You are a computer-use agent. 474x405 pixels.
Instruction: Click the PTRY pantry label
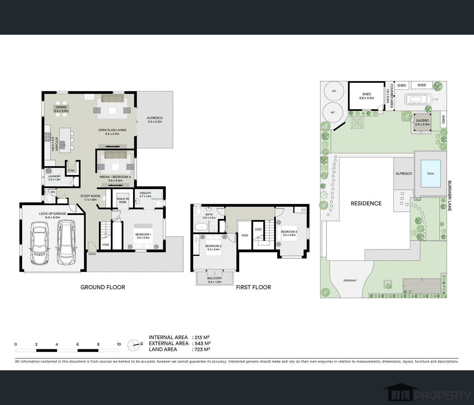[x=71, y=171]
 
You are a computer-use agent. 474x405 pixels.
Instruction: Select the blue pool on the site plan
[x=430, y=174]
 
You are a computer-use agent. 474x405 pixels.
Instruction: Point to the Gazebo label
[x=422, y=121]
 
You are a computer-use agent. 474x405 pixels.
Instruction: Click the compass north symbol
[x=134, y=344]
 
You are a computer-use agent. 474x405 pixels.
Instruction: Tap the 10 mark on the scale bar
[x=119, y=344]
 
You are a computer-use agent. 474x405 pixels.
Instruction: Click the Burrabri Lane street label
[x=449, y=196]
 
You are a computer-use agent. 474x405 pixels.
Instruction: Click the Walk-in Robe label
[x=123, y=200]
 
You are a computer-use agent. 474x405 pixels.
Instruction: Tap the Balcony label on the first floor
[x=214, y=278]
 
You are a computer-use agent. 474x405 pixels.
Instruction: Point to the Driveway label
[x=350, y=280]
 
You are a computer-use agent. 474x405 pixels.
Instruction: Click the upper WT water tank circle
[x=334, y=91]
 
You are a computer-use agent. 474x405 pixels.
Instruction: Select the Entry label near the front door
[x=92, y=254]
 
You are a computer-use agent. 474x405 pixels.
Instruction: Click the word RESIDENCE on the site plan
[x=366, y=203]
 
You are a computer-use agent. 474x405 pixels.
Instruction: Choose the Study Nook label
[x=90, y=196]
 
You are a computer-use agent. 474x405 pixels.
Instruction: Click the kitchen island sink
[x=63, y=145]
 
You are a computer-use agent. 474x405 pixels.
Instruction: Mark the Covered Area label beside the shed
[x=390, y=93]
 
